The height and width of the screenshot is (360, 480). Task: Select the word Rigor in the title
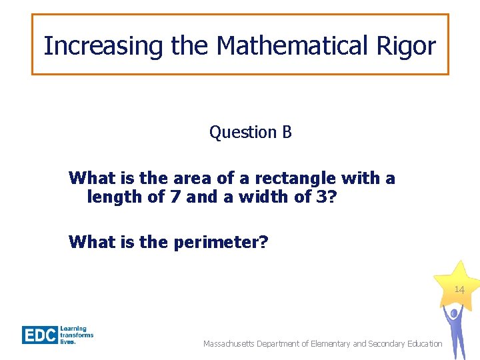413,46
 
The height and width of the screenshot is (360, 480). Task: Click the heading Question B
251,133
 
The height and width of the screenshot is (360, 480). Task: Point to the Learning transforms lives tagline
77,335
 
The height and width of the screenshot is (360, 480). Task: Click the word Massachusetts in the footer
231,344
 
